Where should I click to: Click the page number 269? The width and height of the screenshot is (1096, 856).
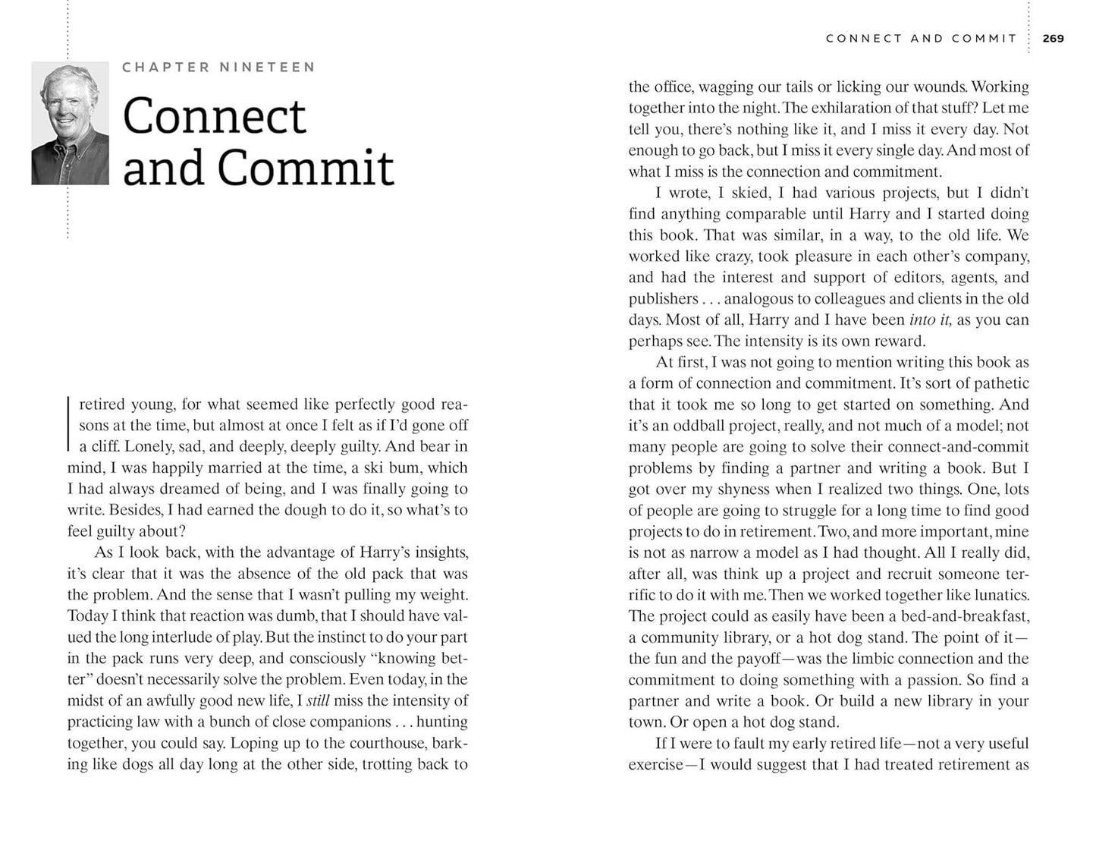(1054, 38)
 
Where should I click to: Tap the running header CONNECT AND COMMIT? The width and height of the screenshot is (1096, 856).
(921, 38)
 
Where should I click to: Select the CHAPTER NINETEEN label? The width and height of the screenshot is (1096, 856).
(218, 68)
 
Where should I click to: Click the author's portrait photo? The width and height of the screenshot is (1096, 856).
(70, 124)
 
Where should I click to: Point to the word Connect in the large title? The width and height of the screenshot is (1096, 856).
(214, 117)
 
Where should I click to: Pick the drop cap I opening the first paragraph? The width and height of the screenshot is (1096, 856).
(70, 424)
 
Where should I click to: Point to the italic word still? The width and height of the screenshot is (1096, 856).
(318, 700)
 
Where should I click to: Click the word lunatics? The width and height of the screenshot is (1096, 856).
(995, 595)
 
